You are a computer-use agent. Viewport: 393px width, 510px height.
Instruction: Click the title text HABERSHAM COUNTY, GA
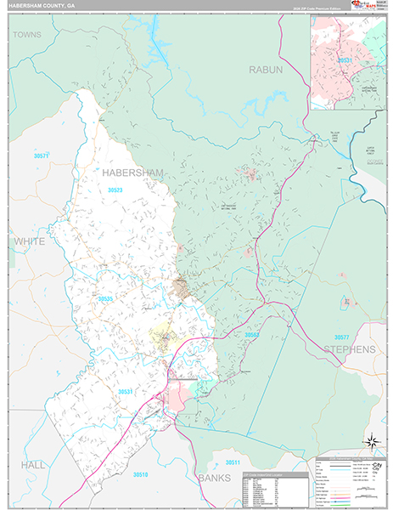pos(43,6)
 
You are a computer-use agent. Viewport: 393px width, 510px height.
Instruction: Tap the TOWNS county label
pos(27,35)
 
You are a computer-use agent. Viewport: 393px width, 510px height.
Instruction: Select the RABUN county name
pos(265,69)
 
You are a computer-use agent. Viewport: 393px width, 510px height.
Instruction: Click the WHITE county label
pos(30,242)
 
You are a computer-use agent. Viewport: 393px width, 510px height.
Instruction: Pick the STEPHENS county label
pos(349,349)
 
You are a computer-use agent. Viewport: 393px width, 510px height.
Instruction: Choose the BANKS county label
pos(214,479)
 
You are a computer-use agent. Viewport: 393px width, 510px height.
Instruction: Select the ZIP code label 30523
pos(115,190)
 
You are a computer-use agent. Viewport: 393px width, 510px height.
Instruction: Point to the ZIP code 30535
pos(105,299)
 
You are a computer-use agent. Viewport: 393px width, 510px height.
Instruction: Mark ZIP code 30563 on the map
pos(252,336)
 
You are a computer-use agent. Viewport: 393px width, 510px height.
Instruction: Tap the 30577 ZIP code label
pos(341,337)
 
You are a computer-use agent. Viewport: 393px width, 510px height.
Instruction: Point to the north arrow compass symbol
pos(370,440)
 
